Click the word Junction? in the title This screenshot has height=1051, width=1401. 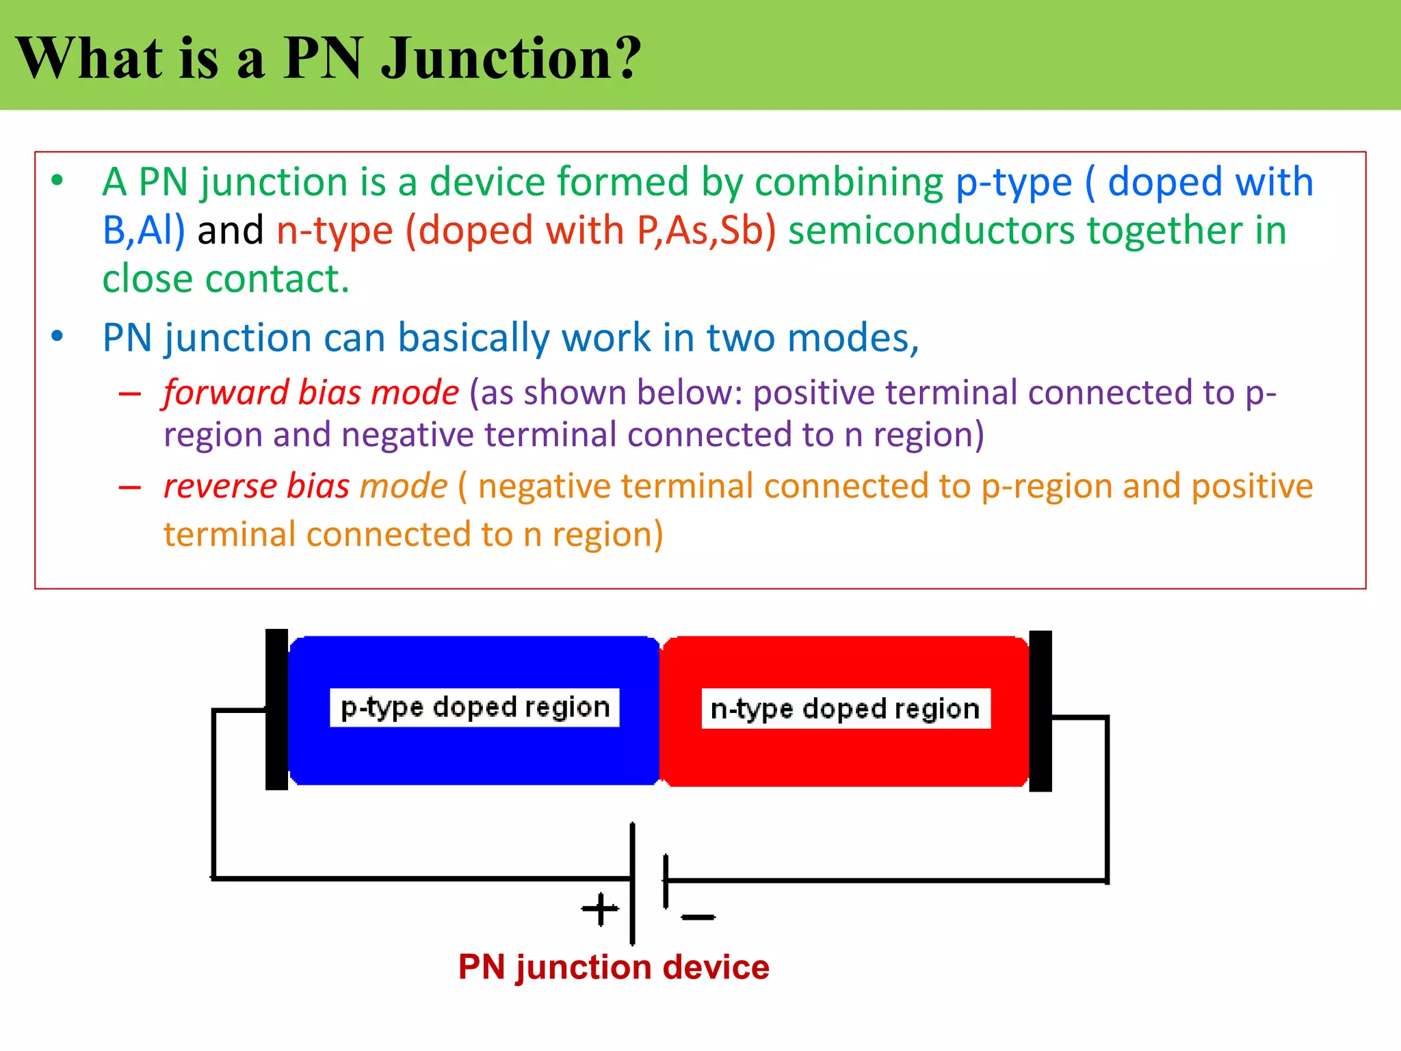click(511, 58)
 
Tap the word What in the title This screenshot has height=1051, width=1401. click(90, 58)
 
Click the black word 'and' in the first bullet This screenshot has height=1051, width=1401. click(230, 231)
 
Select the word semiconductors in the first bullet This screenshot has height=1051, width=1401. click(931, 231)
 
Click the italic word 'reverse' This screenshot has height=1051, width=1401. click(220, 486)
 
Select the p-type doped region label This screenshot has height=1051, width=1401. click(475, 708)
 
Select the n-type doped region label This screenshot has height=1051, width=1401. click(846, 709)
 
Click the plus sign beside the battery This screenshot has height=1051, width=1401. click(600, 909)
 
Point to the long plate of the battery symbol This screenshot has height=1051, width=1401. click(632, 883)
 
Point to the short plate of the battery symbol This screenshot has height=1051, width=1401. click(666, 881)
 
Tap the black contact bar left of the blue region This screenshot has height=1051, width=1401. click(276, 710)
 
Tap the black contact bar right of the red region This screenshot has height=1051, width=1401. click(1040, 711)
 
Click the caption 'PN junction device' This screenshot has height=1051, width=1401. click(614, 968)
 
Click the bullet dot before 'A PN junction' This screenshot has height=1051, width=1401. click(57, 181)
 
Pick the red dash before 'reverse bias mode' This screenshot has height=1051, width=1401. click(129, 488)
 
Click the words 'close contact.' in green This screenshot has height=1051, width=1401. click(226, 279)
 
